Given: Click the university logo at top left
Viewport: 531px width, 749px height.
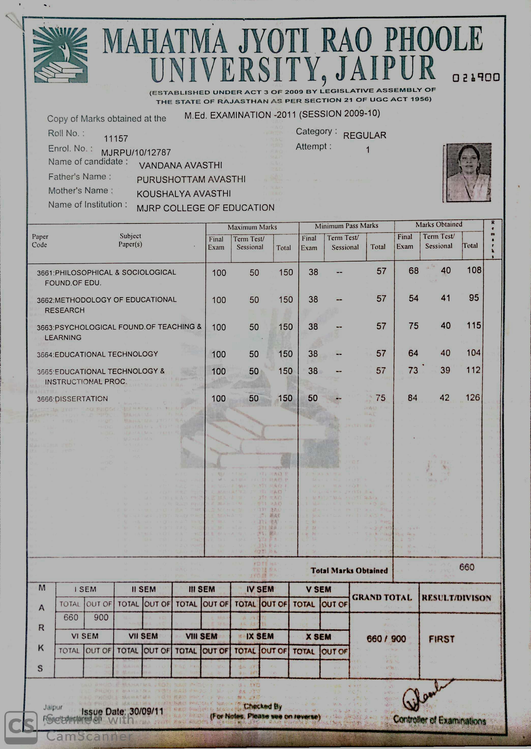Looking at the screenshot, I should click(61, 55).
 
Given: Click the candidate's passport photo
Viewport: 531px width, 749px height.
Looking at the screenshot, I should click(468, 172).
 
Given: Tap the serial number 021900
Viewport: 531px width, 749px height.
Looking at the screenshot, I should click(476, 78).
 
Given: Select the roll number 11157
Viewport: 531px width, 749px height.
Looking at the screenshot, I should click(116, 139).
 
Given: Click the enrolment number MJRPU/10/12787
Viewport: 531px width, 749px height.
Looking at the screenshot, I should click(136, 153).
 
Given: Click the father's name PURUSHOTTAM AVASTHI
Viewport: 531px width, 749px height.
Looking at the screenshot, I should click(191, 180).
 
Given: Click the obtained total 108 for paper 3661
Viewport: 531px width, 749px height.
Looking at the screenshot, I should click(474, 270).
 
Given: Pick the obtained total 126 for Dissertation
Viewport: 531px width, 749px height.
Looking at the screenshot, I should click(473, 397).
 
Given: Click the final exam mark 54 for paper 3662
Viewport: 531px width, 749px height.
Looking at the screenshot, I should click(413, 298).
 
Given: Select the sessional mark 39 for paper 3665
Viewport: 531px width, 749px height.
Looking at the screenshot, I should click(445, 370).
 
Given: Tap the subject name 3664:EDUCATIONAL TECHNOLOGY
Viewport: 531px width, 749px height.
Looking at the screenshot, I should click(97, 354).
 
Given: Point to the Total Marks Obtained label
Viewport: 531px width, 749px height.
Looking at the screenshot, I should click(349, 571).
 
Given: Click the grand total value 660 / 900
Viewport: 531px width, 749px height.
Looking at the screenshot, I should click(386, 639).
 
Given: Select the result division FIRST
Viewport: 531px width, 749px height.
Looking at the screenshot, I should click(441, 639).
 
